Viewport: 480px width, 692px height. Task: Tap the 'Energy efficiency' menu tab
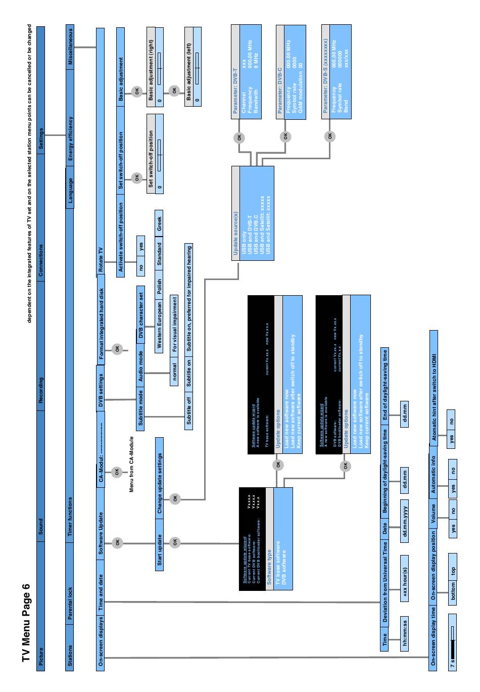click(70, 138)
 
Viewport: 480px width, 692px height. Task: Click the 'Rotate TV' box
click(101, 260)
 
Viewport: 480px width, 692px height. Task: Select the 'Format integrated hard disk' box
click(101, 324)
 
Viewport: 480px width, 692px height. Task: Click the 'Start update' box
click(159, 549)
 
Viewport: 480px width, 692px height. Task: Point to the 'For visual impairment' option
click(174, 324)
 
